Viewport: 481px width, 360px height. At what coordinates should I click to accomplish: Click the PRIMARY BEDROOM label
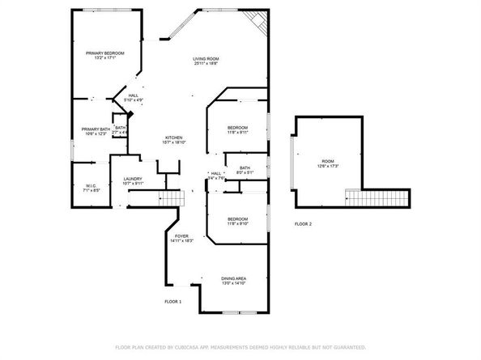[105, 53]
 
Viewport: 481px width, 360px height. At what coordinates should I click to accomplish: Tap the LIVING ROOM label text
[206, 59]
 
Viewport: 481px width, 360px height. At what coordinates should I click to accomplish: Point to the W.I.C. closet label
[90, 186]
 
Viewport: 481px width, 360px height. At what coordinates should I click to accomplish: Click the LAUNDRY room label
[133, 179]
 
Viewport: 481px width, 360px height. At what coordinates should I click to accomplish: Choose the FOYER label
[181, 236]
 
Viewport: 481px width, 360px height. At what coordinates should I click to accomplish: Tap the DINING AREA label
[234, 278]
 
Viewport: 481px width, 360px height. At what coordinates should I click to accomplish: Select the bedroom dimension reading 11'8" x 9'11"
[237, 133]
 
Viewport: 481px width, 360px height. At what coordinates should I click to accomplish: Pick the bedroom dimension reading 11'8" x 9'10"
[237, 224]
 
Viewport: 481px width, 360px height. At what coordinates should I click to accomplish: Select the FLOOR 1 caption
[172, 302]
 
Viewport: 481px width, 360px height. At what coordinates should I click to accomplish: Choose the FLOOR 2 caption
[303, 223]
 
